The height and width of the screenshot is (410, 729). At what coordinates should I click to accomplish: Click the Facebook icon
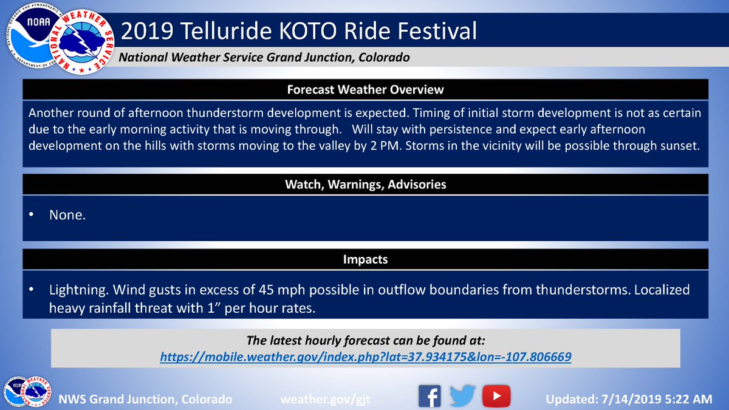(x=430, y=396)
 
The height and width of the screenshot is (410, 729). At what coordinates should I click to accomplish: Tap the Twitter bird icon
(x=462, y=395)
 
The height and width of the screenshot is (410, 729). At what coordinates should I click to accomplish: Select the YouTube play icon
(x=496, y=396)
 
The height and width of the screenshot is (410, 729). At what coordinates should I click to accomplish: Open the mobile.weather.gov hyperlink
(x=366, y=357)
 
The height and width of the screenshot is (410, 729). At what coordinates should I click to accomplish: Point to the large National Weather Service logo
(x=81, y=42)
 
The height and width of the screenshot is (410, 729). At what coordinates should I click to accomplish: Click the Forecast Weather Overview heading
(x=365, y=89)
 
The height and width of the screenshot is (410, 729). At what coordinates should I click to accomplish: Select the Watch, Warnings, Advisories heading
(x=366, y=185)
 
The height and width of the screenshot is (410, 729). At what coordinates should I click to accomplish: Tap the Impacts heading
(x=365, y=259)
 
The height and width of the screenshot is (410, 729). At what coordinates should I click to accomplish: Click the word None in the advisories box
(x=67, y=215)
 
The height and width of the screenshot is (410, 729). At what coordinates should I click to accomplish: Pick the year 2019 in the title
(x=147, y=31)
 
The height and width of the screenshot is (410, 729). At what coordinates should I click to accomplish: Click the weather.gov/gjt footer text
(x=326, y=399)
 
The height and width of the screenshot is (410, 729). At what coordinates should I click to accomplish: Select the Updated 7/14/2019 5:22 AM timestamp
(x=629, y=399)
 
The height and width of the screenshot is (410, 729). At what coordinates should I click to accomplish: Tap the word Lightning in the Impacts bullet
(x=79, y=290)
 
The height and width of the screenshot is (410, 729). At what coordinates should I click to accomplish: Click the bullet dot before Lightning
(x=31, y=289)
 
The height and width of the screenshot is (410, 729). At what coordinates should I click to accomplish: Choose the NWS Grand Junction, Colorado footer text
(x=145, y=399)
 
